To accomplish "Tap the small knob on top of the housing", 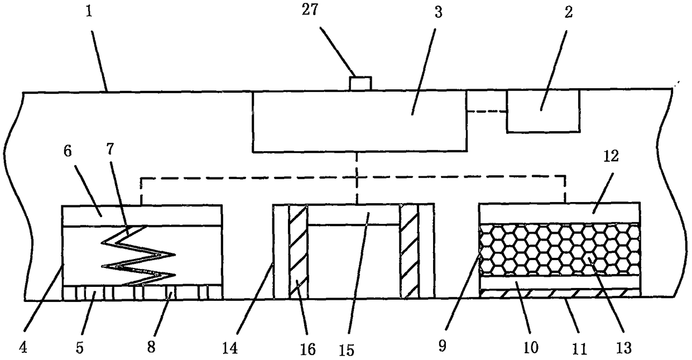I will click(x=360, y=84).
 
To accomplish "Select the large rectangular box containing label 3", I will click(x=359, y=122).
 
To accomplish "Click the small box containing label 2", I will click(x=542, y=111).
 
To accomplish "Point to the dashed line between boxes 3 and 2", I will click(x=487, y=112).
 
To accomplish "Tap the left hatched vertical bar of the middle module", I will click(x=298, y=251).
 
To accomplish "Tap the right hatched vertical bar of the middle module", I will click(x=410, y=251).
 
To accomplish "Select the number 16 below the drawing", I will click(x=307, y=349).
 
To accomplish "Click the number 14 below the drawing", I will click(x=230, y=348).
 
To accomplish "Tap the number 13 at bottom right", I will click(x=623, y=348).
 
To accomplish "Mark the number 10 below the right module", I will click(x=530, y=348).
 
